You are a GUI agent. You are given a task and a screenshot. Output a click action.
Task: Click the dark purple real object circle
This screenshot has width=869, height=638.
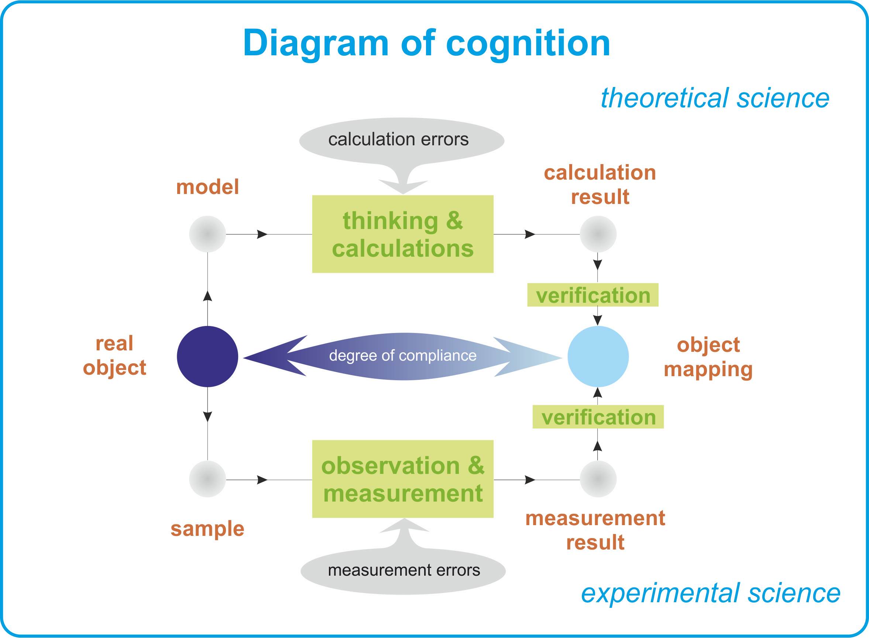click(207, 357)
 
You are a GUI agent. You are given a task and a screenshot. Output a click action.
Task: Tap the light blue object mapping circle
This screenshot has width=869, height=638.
click(598, 357)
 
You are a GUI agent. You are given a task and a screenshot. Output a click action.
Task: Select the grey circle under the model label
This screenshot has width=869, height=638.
click(207, 234)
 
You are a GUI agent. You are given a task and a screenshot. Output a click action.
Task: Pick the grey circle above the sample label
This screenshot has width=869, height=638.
click(207, 479)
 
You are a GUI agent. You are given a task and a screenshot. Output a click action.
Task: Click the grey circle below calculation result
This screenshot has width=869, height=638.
click(598, 234)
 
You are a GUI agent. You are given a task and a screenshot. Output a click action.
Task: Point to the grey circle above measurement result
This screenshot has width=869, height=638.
click(598, 479)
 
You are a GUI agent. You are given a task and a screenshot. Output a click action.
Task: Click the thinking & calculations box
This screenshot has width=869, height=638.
click(402, 234)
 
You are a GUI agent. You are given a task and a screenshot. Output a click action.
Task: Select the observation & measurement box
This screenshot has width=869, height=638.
click(402, 479)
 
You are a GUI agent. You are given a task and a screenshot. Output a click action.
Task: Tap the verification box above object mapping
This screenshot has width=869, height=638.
click(592, 295)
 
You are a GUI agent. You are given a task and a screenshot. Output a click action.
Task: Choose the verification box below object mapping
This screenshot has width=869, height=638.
click(598, 417)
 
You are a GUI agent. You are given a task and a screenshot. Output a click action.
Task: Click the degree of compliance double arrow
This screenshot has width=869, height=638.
click(402, 357)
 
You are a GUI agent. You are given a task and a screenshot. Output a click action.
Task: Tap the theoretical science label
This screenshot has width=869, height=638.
click(715, 98)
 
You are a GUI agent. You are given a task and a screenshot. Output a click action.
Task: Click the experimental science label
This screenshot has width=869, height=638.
click(711, 593)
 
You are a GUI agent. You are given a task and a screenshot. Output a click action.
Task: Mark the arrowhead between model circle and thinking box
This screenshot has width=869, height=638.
click(262, 234)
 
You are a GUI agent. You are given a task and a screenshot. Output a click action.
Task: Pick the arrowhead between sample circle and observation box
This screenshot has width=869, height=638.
click(262, 480)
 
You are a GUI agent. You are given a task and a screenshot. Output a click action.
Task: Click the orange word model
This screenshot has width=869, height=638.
click(207, 187)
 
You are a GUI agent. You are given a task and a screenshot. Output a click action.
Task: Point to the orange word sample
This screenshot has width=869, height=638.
click(207, 529)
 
